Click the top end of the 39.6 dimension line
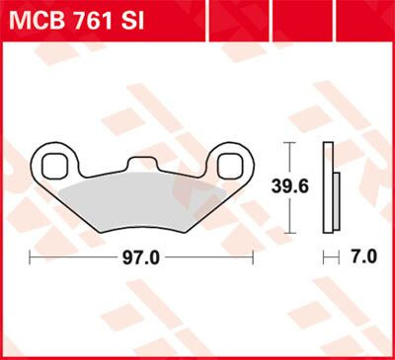[x=287, y=142]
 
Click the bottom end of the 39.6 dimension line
[x=287, y=225]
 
